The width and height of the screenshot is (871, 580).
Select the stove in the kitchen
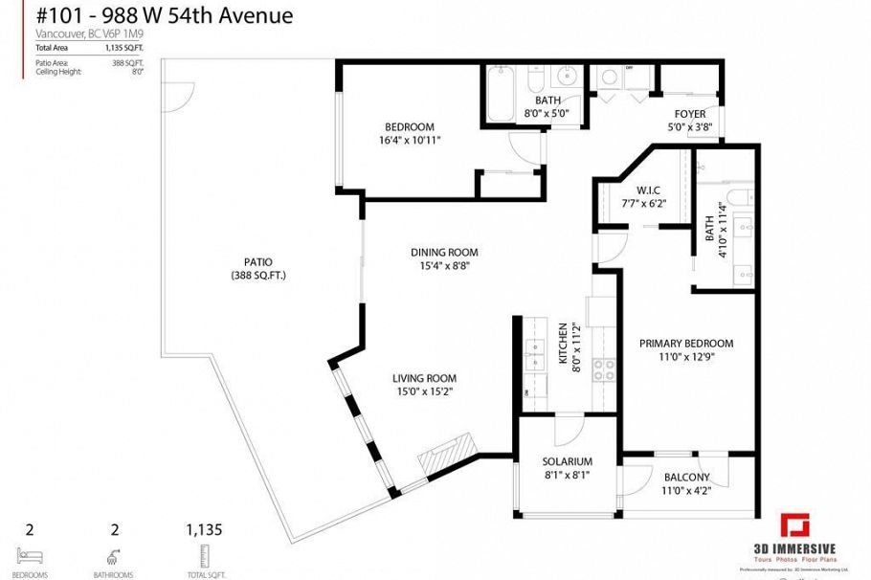(604, 369)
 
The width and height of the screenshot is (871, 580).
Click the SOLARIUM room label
(567, 461)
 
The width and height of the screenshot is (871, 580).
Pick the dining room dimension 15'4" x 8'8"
(440, 265)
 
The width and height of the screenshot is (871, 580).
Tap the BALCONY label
(686, 478)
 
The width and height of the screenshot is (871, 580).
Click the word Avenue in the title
(257, 15)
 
